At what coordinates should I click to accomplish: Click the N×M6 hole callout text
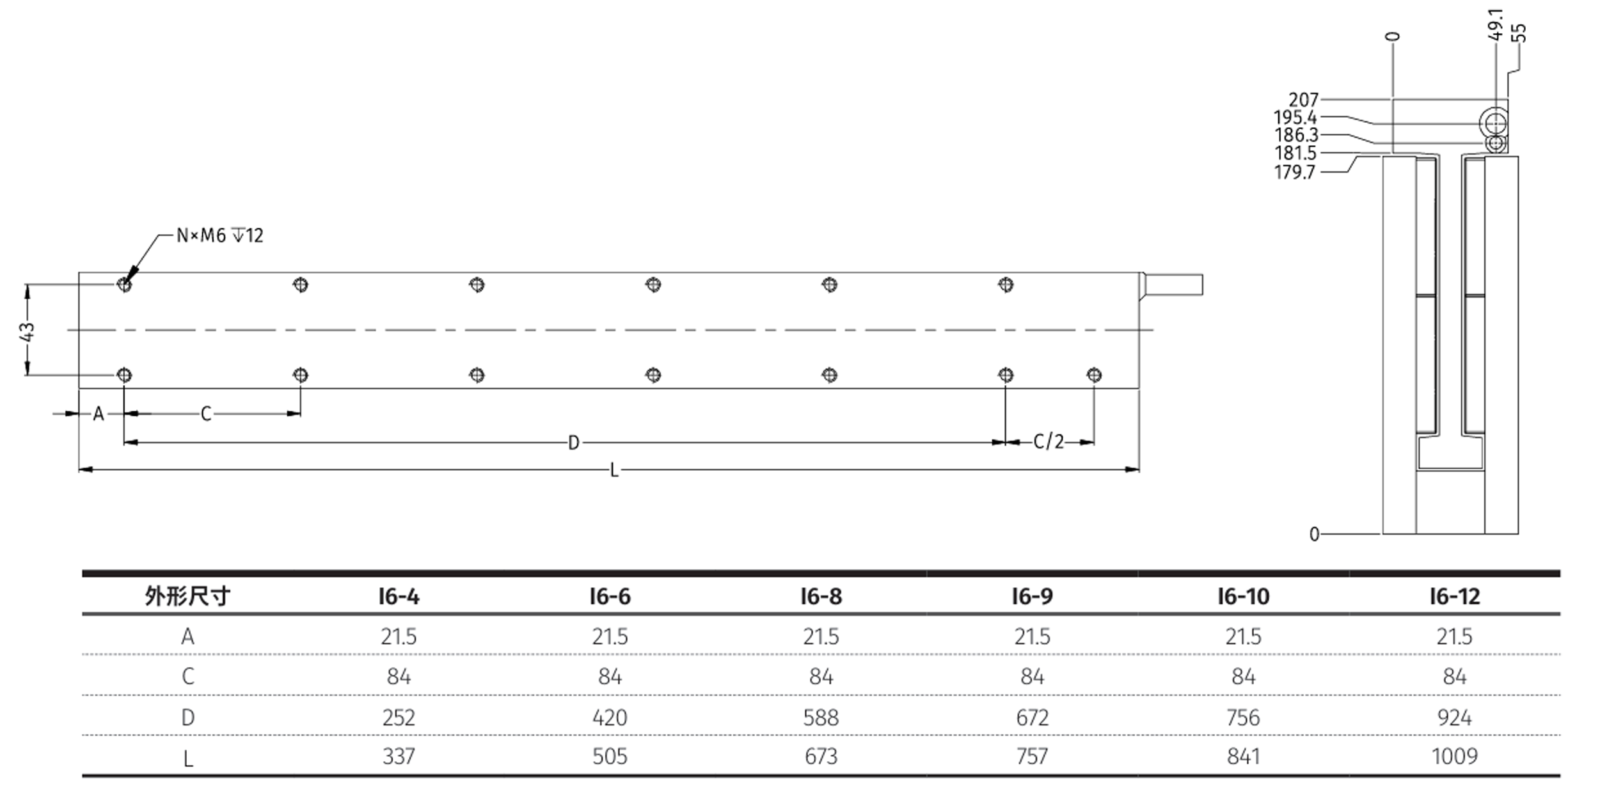click(x=219, y=236)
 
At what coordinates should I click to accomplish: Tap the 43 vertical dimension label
click(x=28, y=331)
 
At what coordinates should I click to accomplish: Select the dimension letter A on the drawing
click(x=98, y=414)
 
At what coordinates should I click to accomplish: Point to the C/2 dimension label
click(x=1049, y=442)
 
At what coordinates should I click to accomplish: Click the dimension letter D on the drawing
click(x=574, y=443)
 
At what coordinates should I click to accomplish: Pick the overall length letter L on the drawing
click(x=614, y=471)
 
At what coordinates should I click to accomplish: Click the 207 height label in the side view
click(x=1303, y=100)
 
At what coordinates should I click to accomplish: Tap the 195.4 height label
click(x=1295, y=118)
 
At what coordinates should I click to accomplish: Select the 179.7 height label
click(x=1295, y=173)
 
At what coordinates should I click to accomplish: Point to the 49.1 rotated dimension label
click(x=1496, y=24)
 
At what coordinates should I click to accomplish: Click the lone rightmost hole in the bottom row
click(x=1094, y=375)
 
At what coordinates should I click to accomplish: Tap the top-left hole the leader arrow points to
click(x=124, y=285)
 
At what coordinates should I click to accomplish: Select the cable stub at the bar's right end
click(x=1173, y=285)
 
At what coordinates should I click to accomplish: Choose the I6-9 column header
click(x=1032, y=597)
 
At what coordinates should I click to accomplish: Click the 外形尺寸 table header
click(x=187, y=597)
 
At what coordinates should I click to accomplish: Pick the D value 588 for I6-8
click(x=821, y=718)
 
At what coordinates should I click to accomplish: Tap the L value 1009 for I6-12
click(x=1454, y=757)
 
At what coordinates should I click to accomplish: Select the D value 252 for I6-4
click(x=399, y=718)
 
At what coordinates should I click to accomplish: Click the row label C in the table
click(x=187, y=677)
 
